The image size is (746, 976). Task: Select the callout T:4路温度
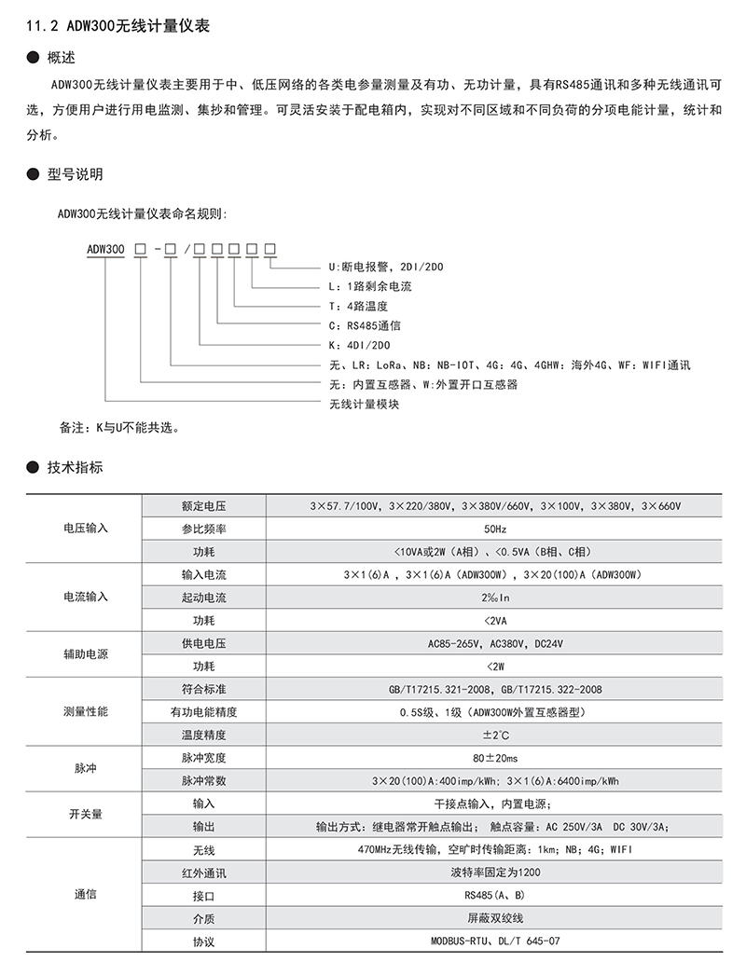tap(358, 306)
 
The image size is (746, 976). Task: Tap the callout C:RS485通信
tap(365, 325)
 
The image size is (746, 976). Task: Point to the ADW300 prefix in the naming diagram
tap(104, 249)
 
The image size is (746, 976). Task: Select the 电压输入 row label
tap(86, 528)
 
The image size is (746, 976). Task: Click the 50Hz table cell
tap(495, 529)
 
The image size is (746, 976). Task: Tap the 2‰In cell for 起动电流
tap(495, 597)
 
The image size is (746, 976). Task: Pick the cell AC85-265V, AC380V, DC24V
tap(495, 643)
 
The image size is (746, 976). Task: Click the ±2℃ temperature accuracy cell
tap(495, 735)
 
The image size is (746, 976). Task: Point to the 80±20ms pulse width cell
tap(495, 757)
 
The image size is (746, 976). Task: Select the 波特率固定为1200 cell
tap(495, 873)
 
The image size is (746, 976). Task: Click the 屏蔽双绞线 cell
tap(495, 917)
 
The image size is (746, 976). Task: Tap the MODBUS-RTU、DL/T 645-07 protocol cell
tap(495, 941)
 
